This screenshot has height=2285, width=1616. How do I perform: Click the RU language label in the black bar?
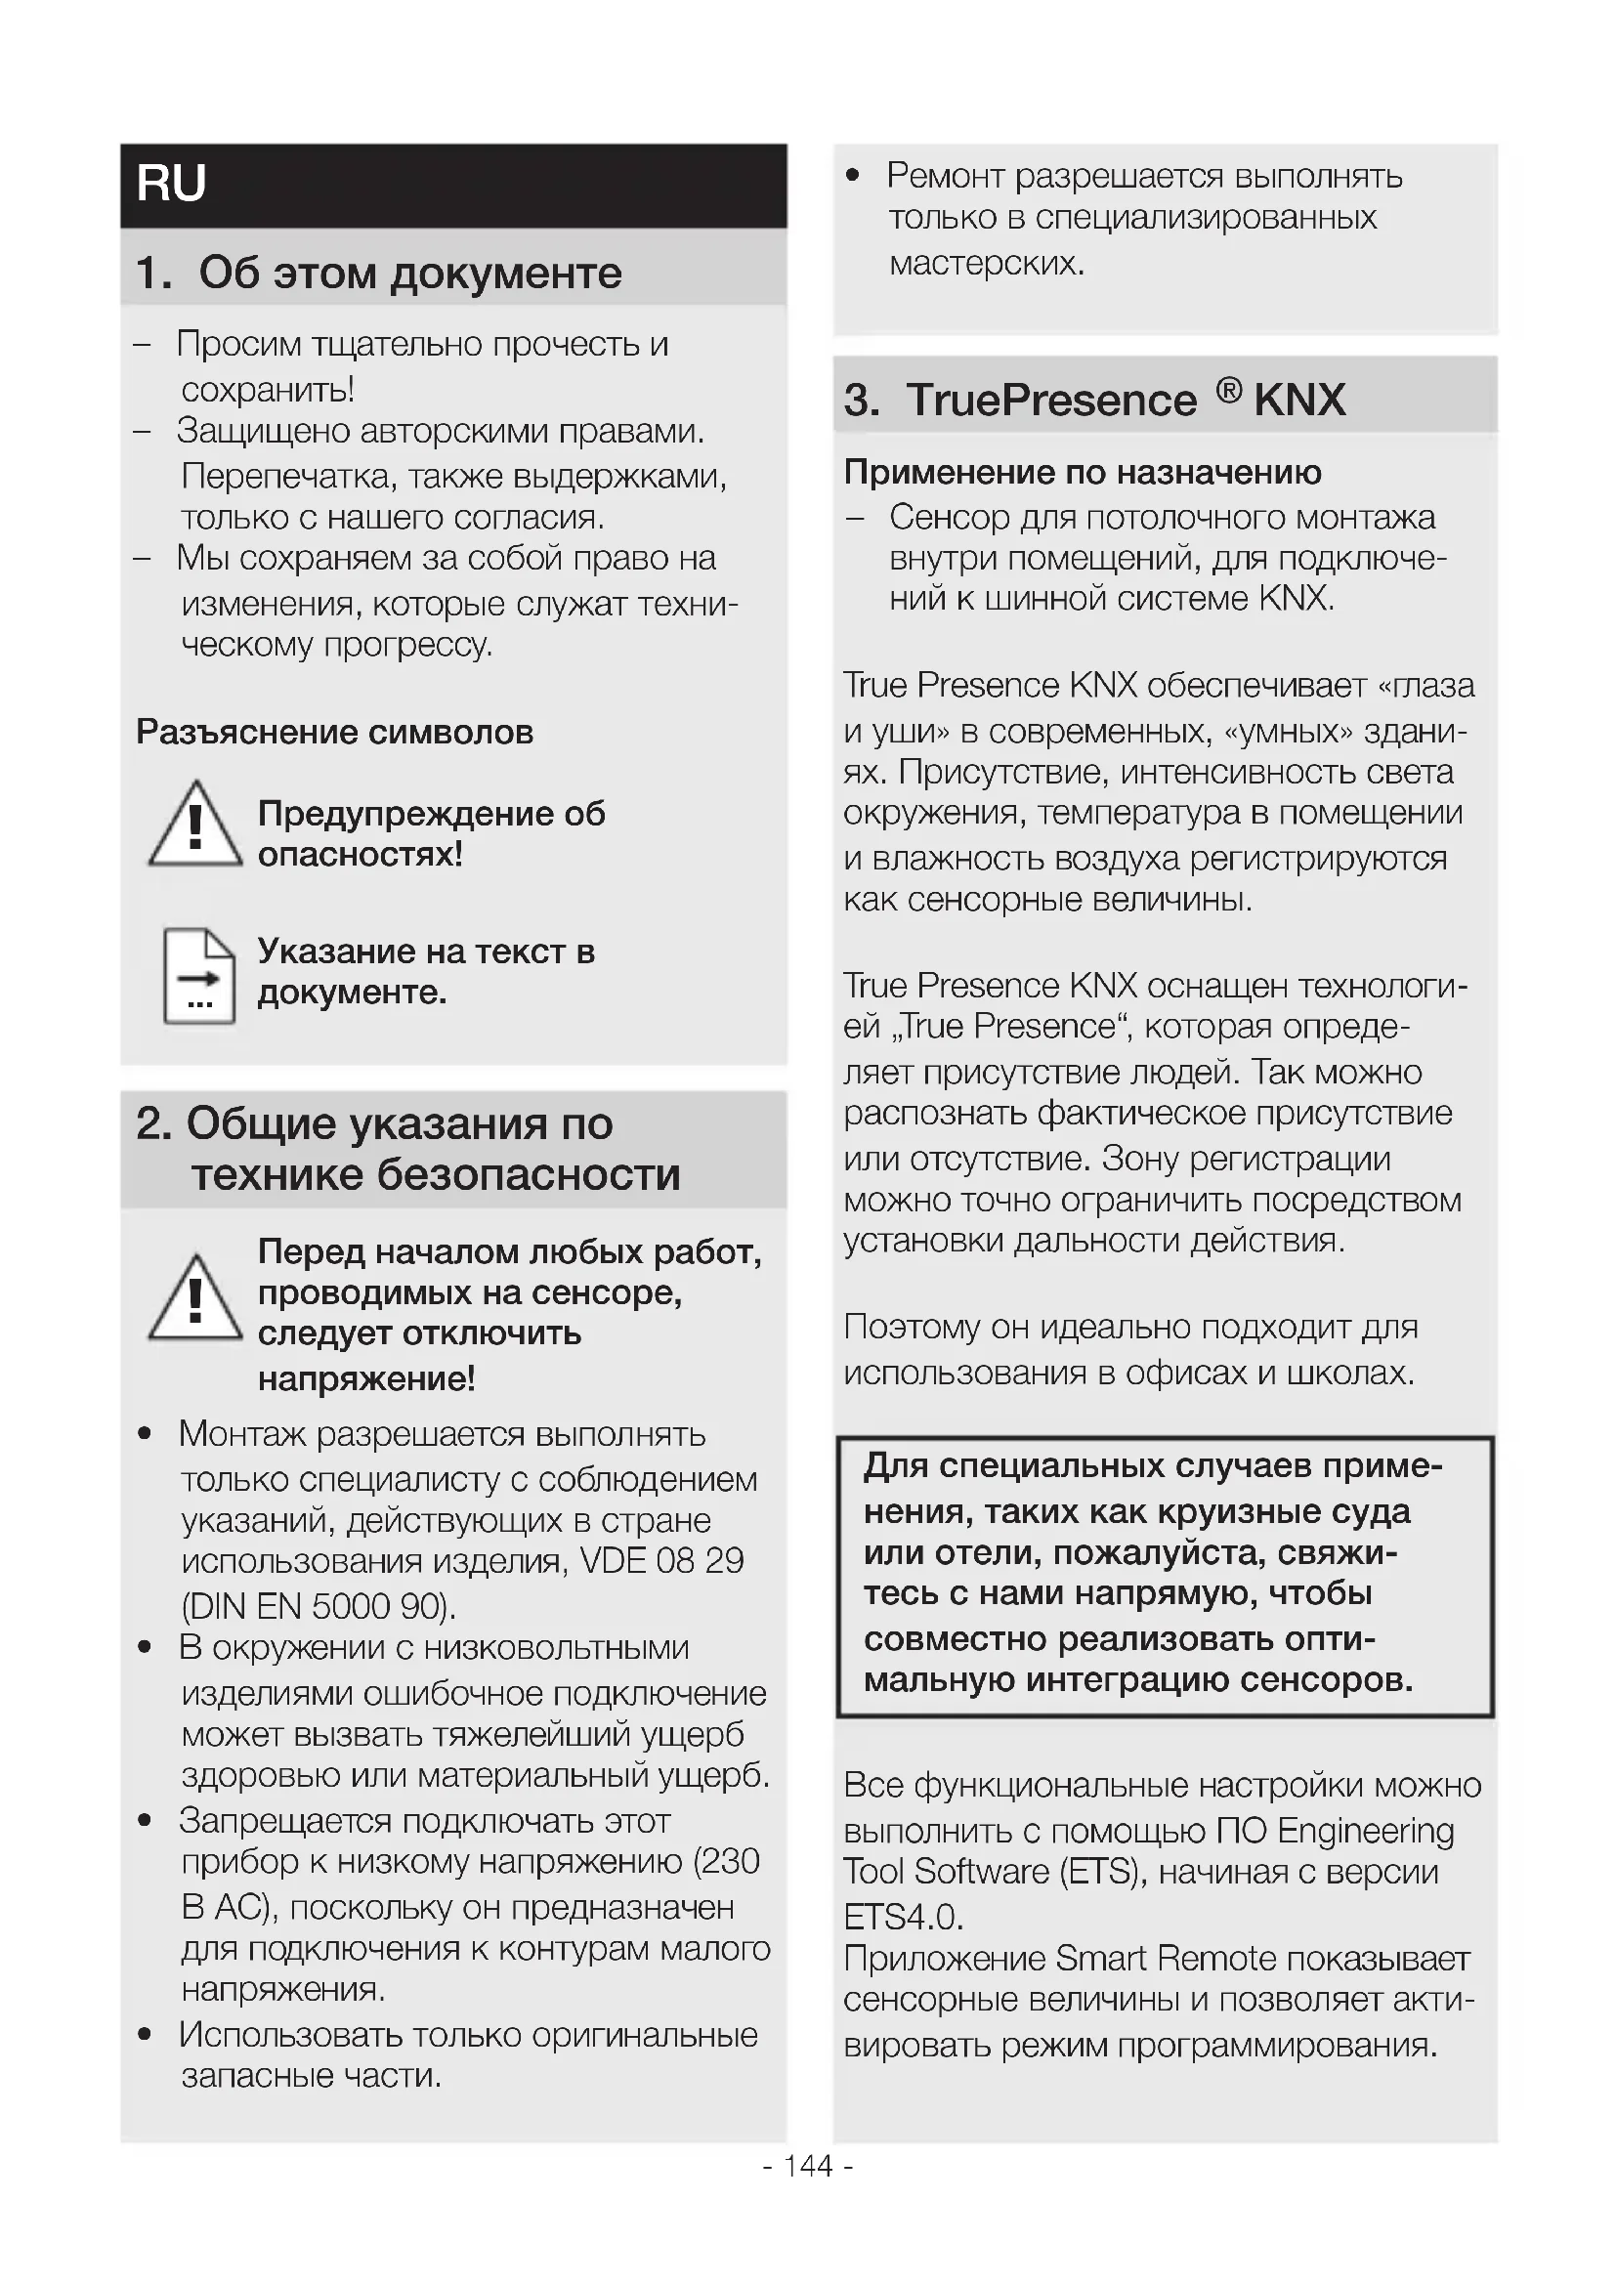[171, 184]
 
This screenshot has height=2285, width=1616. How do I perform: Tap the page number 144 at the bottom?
[807, 2166]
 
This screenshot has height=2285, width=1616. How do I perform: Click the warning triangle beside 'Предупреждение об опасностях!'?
[195, 826]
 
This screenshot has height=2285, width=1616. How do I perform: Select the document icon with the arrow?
[199, 975]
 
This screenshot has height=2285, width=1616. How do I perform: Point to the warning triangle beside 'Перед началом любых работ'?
[195, 1298]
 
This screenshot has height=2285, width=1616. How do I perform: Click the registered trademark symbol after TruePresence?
[1229, 391]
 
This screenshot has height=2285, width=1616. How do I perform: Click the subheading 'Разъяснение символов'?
[334, 733]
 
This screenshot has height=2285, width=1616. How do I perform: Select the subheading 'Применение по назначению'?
[1082, 472]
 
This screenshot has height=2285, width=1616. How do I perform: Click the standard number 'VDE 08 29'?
[661, 1560]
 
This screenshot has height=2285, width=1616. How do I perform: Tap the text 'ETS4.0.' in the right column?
[903, 1916]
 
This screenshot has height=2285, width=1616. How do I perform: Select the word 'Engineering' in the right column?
[1365, 1831]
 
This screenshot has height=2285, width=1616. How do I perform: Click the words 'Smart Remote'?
[1165, 1959]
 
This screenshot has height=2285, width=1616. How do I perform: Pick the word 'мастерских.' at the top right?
[986, 263]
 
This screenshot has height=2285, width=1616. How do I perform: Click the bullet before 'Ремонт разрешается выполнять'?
[852, 176]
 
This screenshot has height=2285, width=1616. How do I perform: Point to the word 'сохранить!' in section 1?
[268, 389]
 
